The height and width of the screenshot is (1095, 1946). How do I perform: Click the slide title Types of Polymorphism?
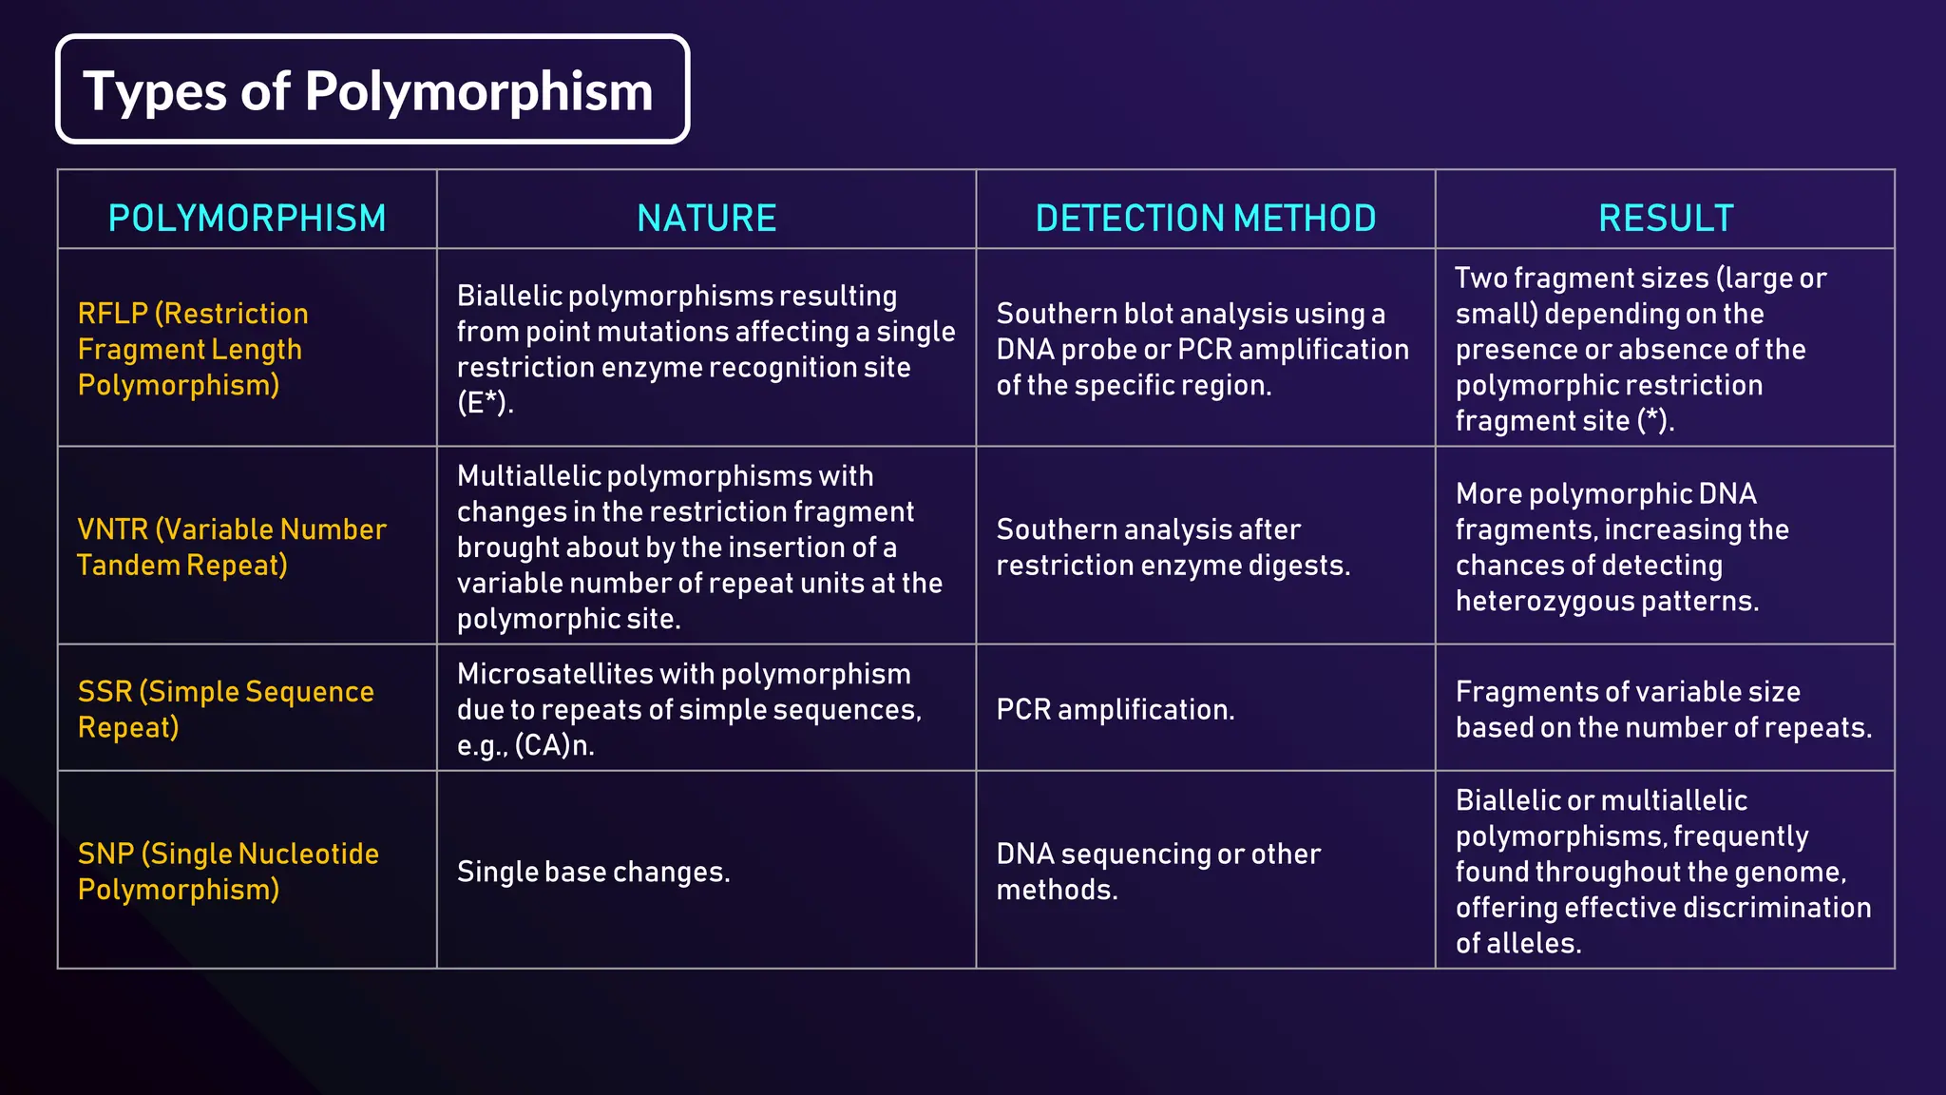coord(369,91)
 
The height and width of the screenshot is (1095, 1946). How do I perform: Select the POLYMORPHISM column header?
coord(247,219)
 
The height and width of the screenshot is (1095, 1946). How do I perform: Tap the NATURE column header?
coord(706,219)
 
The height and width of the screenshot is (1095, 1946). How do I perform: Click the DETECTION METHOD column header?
coord(1205,219)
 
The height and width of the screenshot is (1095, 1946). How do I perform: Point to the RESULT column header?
coord(1665,219)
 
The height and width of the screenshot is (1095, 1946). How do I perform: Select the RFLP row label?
coord(193,349)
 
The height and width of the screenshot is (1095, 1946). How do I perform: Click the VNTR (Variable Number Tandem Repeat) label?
coord(231,547)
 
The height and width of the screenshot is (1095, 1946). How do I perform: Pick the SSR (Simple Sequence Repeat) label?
coord(225,709)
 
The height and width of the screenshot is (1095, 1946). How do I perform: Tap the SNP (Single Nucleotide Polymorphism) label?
coord(228,871)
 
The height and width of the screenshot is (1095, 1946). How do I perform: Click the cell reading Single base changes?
coord(593,872)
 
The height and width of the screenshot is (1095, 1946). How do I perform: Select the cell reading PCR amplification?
coord(1115,709)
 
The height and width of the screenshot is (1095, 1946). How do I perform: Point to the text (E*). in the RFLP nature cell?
coord(485,403)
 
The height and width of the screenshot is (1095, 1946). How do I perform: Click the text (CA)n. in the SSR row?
coord(554,745)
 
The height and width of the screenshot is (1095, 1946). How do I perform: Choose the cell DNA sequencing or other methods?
coord(1157,871)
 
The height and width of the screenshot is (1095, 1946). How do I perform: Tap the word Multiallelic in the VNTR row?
coord(527,475)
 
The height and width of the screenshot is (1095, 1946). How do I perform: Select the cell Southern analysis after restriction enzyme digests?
coord(1172,547)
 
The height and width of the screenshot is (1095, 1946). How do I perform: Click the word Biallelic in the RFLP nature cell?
coord(509,296)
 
